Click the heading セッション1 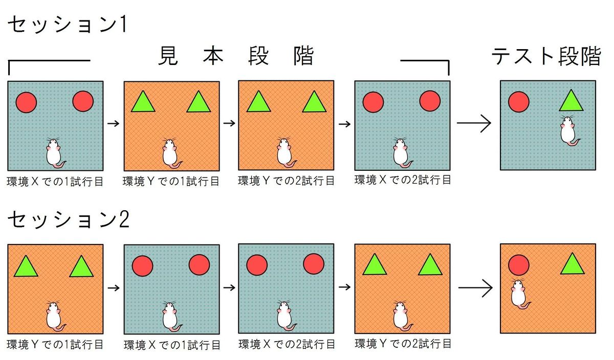(68, 26)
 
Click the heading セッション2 (69, 220)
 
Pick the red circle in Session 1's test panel (518, 102)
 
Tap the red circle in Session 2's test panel (518, 265)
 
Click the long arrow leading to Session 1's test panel (474, 123)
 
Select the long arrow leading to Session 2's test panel (475, 287)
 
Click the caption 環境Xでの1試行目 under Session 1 (55, 182)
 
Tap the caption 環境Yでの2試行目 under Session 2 (403, 343)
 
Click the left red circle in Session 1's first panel (26, 102)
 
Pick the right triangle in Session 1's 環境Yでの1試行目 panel (199, 102)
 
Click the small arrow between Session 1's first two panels (114, 123)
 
